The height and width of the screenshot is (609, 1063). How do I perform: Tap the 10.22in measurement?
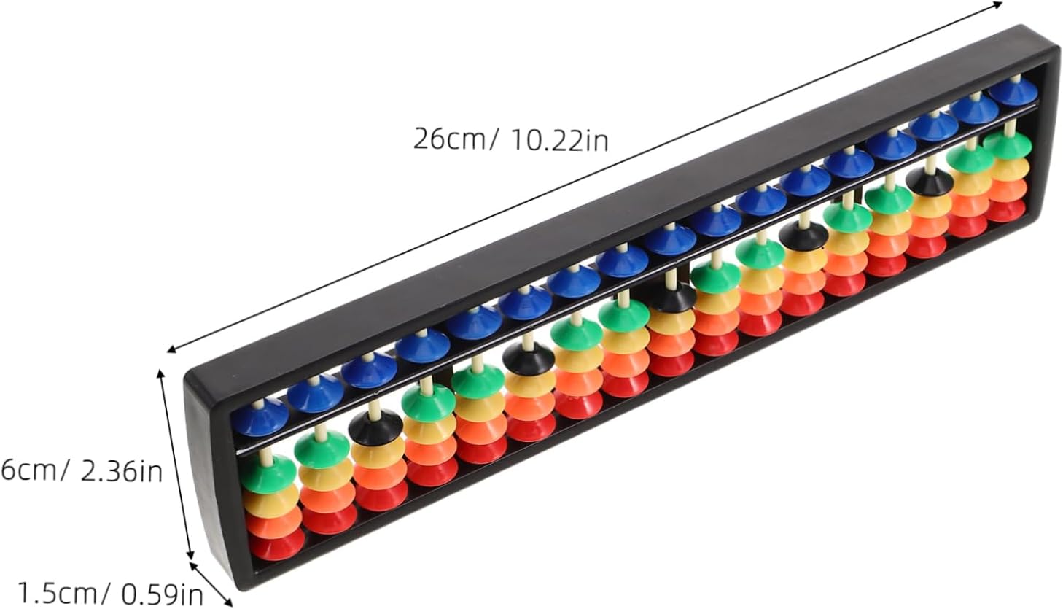pyautogui.click(x=559, y=140)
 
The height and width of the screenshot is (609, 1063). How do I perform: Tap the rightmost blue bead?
pyautogui.click(x=1013, y=92)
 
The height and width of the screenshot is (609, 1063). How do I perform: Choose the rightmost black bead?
pyautogui.click(x=929, y=182)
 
